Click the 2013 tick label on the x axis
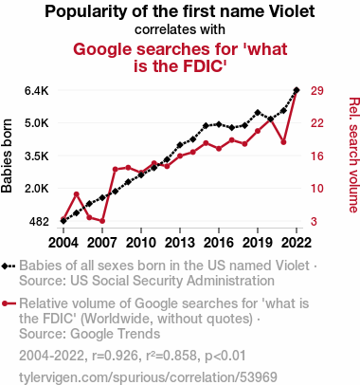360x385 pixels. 180,243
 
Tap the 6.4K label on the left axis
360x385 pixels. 37,91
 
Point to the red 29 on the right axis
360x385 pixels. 317,91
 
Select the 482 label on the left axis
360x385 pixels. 39,222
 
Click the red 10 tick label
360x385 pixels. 317,189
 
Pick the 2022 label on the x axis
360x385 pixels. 297,243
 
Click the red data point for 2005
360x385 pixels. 77,194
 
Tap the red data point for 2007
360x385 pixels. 102,221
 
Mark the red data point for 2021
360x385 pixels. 283,142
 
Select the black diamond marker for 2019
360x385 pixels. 258,113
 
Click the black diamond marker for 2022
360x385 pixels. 297,90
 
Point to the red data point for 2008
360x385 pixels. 116,170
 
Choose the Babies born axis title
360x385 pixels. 7,156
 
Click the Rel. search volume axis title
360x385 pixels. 353,155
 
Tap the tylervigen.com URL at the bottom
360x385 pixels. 148,377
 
